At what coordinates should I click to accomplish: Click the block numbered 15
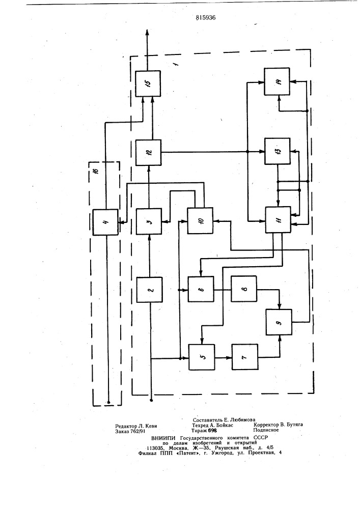[148, 83]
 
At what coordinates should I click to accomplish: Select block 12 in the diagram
[148, 152]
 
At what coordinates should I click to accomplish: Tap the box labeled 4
[105, 222]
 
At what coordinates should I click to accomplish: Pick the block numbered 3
[149, 221]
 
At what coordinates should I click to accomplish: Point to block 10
[200, 221]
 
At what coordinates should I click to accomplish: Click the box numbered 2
[149, 290]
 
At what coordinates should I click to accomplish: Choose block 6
[201, 289]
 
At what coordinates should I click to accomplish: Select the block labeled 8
[244, 289]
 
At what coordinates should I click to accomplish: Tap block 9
[279, 322]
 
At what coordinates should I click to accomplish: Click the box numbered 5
[202, 357]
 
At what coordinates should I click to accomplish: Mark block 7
[245, 357]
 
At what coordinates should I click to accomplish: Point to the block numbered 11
[278, 220]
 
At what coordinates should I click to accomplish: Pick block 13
[278, 151]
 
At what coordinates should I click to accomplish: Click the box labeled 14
[277, 81]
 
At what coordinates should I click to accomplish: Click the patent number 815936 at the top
[206, 17]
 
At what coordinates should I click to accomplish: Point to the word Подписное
[266, 430]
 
